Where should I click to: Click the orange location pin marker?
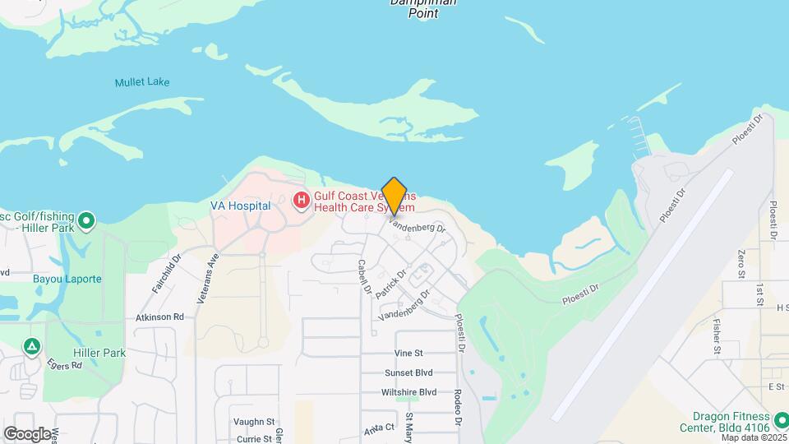[x=394, y=197]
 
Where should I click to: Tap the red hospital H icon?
[x=302, y=199]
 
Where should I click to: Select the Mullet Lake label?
[x=142, y=82]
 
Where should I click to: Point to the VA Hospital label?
[x=240, y=206]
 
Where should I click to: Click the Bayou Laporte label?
[x=67, y=279]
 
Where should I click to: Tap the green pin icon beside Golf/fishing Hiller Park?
[x=86, y=220]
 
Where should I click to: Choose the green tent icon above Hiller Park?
[x=31, y=346]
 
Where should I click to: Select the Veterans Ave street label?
[x=208, y=279]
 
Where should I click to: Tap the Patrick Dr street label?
[x=391, y=284]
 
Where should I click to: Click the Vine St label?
[x=408, y=353]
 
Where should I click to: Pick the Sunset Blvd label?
[x=408, y=372]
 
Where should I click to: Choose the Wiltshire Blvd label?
[x=408, y=392]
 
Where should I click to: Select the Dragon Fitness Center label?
[x=730, y=422]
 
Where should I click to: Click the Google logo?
[x=27, y=433]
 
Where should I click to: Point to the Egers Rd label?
[x=65, y=363]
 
